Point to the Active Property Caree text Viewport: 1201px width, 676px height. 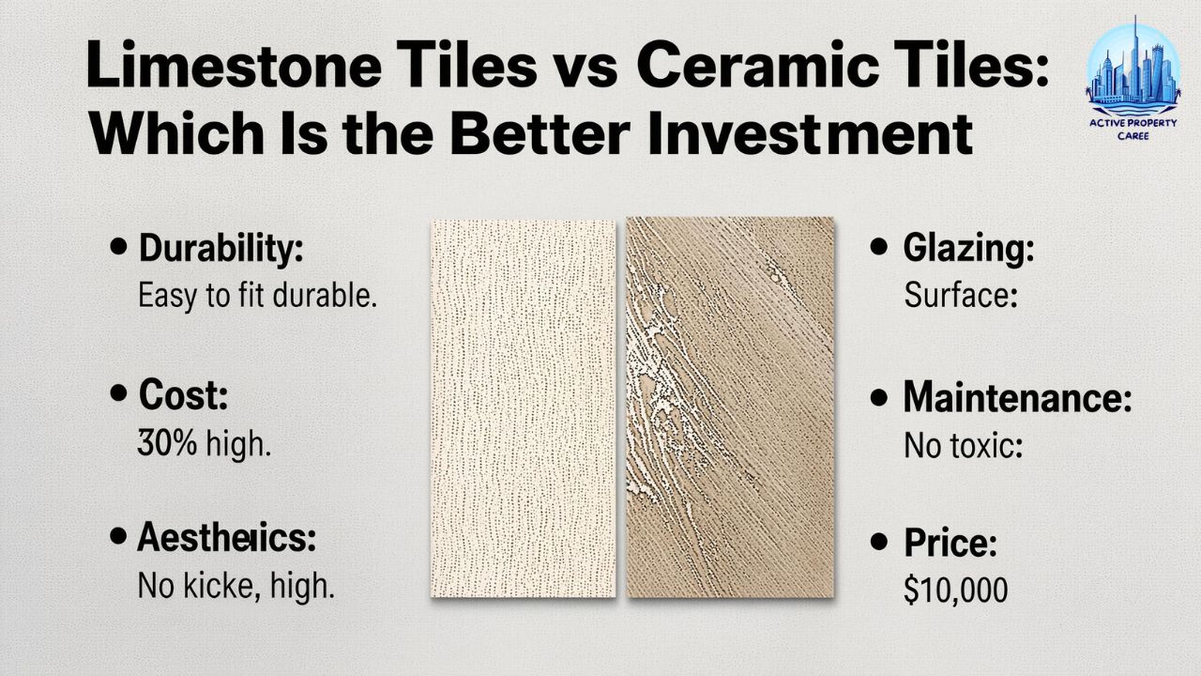pyautogui.click(x=1133, y=127)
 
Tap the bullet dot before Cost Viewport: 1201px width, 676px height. pyautogui.click(x=118, y=394)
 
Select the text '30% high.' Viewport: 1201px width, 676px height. pyautogui.click(x=204, y=443)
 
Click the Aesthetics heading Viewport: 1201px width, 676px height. pyautogui.click(x=226, y=538)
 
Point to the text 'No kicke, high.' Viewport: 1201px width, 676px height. pyautogui.click(x=236, y=587)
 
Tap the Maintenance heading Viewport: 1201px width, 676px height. pyautogui.click(x=1016, y=398)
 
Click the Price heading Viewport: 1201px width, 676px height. pyautogui.click(x=950, y=542)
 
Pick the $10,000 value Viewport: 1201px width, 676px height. pyautogui.click(x=955, y=591)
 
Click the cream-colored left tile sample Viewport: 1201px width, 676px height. pyautogui.click(x=523, y=407)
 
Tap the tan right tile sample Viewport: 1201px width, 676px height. pyautogui.click(x=730, y=407)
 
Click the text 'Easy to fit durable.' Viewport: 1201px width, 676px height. pyautogui.click(x=257, y=297)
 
